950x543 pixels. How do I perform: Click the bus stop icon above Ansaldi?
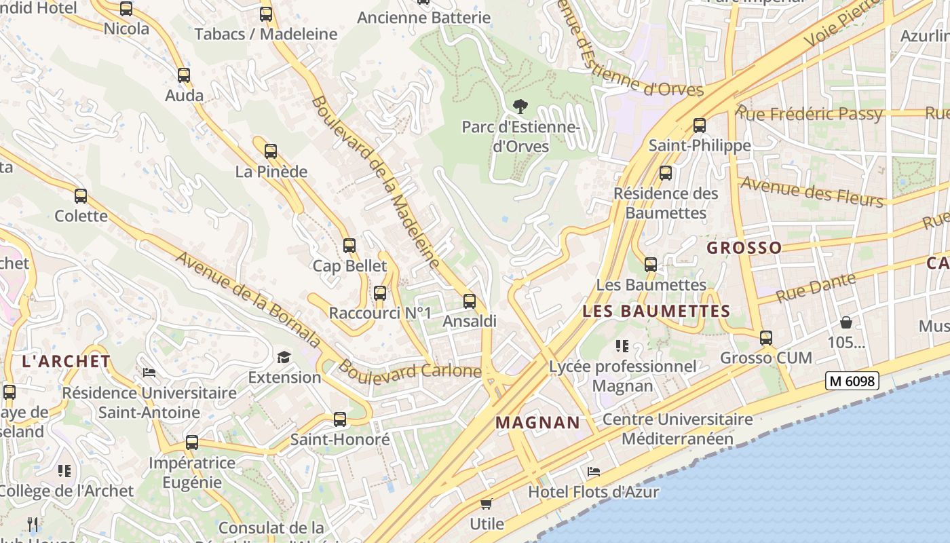coord(470,301)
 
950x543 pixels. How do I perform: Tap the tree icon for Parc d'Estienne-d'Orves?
coord(520,107)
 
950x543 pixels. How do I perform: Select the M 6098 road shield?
coord(852,381)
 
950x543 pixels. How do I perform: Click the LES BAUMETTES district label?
coord(656,312)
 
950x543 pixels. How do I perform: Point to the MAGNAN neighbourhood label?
coord(538,423)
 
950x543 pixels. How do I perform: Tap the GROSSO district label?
coord(744,248)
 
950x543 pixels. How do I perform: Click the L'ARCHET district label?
coord(66,361)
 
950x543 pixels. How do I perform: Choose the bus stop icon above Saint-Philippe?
coord(700,126)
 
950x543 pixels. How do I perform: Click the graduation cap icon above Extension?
coord(284,357)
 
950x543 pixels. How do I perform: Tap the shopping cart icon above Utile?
coord(486,504)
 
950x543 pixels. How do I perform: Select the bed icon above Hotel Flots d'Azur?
coord(594,471)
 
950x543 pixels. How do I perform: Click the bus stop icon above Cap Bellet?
coord(349,246)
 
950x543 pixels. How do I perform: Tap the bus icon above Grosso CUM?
coord(766,337)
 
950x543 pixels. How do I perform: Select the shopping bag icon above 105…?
coord(845,322)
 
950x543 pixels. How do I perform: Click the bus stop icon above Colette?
coord(81,196)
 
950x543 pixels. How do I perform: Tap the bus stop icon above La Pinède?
coord(271,151)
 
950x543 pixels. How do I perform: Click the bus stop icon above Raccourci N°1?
coord(380,293)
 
